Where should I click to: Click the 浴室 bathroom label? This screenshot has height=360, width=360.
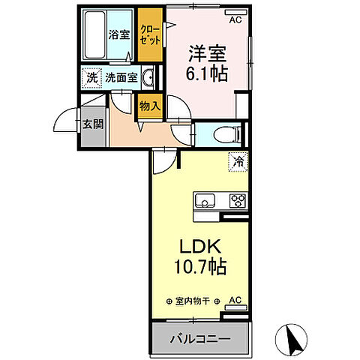(x=118, y=34)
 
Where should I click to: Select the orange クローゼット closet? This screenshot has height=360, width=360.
(x=150, y=34)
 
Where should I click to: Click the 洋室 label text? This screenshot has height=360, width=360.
(x=205, y=55)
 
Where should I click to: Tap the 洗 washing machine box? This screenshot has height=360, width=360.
(x=91, y=77)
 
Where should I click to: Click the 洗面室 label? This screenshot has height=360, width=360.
(x=120, y=77)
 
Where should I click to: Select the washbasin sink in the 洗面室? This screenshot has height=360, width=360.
(x=148, y=77)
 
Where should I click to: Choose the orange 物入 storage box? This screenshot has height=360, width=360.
(x=149, y=106)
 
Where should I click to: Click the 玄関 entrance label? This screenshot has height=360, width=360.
(x=92, y=124)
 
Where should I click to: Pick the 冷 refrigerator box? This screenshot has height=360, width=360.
(x=238, y=160)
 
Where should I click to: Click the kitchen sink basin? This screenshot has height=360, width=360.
(x=205, y=200)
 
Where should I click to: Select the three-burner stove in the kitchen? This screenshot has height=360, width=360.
(x=238, y=200)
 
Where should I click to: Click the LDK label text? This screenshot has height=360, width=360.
(x=199, y=247)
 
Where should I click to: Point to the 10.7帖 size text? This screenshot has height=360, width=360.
(x=198, y=266)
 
